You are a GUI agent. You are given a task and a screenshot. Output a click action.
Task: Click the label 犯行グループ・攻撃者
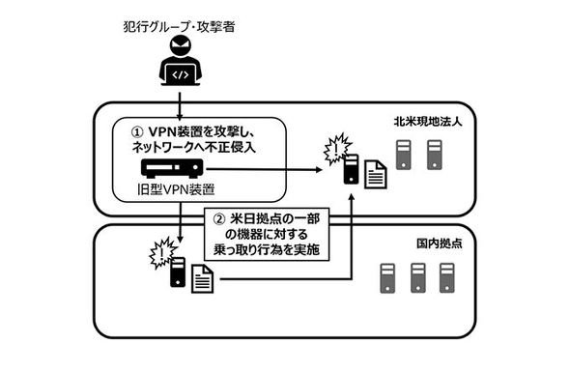pyautogui.click(x=179, y=27)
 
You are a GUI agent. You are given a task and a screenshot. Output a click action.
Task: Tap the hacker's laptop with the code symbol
pyautogui.click(x=181, y=75)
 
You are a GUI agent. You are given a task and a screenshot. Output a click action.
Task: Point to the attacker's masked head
pyautogui.click(x=181, y=45)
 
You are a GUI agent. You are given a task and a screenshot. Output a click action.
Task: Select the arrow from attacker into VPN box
pyautogui.click(x=180, y=105)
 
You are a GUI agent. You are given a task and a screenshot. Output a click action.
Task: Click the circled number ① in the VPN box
pyautogui.click(x=136, y=131)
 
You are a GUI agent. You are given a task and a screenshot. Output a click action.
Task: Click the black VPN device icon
pyautogui.click(x=172, y=169)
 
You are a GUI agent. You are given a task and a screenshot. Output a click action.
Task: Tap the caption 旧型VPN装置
pyautogui.click(x=176, y=189)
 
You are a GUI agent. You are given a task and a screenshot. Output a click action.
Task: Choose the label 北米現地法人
pyautogui.click(x=428, y=122)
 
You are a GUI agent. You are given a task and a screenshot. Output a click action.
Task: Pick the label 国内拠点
pyautogui.click(x=440, y=243)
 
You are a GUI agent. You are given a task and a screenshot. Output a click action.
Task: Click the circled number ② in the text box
pyautogui.click(x=219, y=219)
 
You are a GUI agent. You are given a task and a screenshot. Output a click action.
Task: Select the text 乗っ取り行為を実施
pyautogui.click(x=267, y=250)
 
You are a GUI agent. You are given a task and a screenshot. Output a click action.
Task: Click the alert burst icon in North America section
pyautogui.click(x=337, y=149)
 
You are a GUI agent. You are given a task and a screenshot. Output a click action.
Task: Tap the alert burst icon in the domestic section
pyautogui.click(x=162, y=252)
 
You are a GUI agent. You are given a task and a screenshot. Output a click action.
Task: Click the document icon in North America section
pyautogui.click(x=376, y=175)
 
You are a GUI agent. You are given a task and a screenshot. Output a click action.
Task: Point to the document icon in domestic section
pyautogui.click(x=202, y=278)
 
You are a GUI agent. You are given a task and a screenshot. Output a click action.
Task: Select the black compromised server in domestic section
pyautogui.click(x=178, y=272)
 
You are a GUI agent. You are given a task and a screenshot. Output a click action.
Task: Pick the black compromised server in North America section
pyautogui.click(x=351, y=169)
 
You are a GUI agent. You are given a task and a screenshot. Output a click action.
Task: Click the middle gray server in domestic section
pyautogui.click(x=418, y=278)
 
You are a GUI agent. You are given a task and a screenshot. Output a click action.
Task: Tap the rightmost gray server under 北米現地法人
pyautogui.click(x=435, y=155)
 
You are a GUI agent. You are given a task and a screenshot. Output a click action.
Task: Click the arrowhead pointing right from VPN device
pyautogui.click(x=319, y=169)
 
